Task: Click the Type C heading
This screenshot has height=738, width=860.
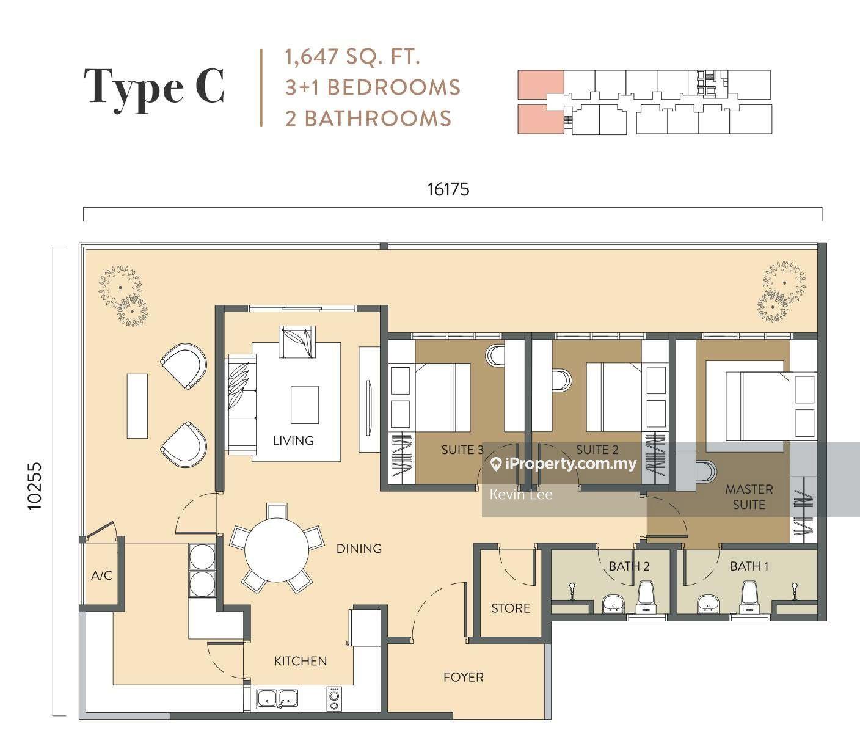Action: [155, 87]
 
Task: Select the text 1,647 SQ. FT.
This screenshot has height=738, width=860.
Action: [352, 57]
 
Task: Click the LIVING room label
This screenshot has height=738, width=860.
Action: [293, 440]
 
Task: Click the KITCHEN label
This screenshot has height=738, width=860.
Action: [300, 661]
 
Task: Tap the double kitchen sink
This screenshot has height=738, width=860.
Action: [277, 698]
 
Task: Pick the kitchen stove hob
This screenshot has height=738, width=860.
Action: [334, 698]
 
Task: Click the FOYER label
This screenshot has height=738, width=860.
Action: [463, 677]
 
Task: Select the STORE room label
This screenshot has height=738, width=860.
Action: [511, 608]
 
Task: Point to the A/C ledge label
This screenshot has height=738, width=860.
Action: [101, 575]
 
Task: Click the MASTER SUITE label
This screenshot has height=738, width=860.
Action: [749, 497]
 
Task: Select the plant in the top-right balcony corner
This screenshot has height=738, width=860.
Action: [781, 291]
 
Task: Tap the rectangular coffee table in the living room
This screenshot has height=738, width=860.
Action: [304, 404]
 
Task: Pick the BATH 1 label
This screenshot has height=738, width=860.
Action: [749, 566]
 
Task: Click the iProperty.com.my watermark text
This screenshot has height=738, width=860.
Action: [570, 464]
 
